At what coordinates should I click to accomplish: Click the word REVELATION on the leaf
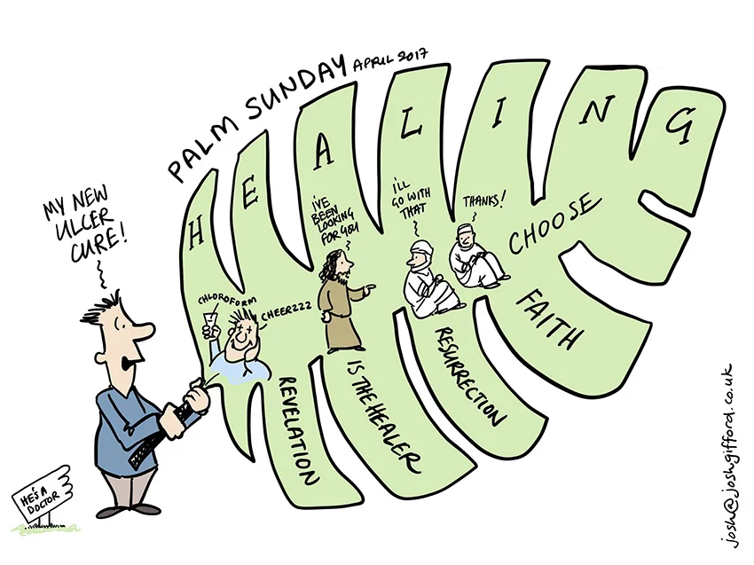298,429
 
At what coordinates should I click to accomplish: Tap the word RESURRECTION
469,373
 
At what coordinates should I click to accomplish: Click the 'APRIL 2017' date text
390,61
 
